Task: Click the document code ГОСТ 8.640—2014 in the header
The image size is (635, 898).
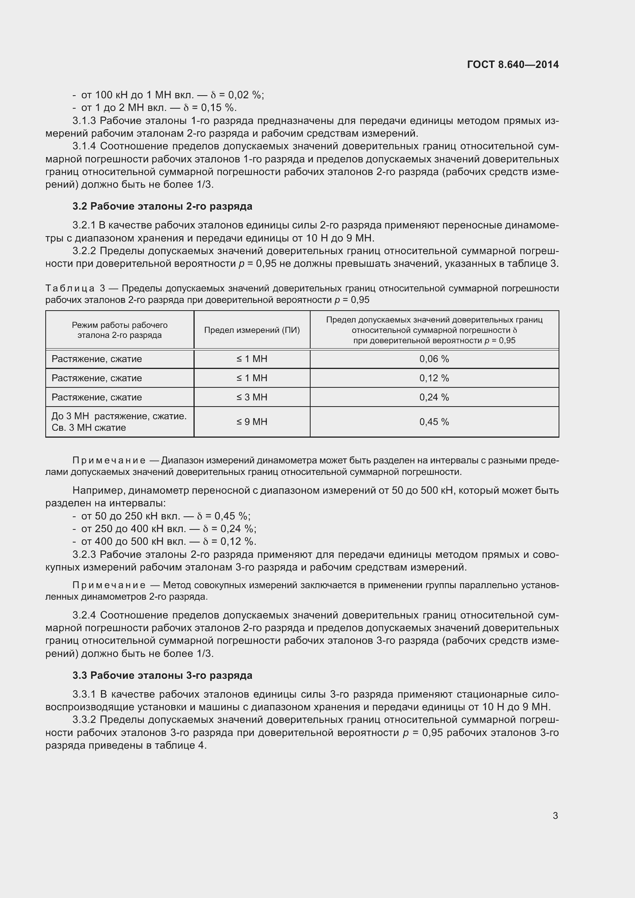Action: click(513, 64)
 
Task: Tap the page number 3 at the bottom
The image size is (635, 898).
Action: click(555, 815)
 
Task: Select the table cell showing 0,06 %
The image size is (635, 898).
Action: click(434, 359)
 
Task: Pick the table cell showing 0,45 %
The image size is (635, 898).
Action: click(434, 422)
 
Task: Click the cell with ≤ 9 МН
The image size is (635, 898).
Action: click(252, 422)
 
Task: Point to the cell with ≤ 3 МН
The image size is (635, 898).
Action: click(252, 397)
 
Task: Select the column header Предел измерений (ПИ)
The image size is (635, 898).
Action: click(252, 330)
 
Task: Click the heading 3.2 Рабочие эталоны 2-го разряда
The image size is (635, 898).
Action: click(162, 206)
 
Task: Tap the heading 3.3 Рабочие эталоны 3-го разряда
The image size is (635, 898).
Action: click(162, 675)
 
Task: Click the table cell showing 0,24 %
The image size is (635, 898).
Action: click(434, 397)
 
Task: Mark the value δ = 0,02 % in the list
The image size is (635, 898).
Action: click(237, 95)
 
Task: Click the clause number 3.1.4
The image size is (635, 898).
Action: click(84, 146)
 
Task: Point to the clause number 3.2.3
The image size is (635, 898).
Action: click(84, 555)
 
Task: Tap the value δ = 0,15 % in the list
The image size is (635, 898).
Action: click(210, 107)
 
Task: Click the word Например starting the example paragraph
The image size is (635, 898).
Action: click(99, 490)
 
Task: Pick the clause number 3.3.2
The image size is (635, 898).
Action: click(84, 719)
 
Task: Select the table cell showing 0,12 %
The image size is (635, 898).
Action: click(434, 378)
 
